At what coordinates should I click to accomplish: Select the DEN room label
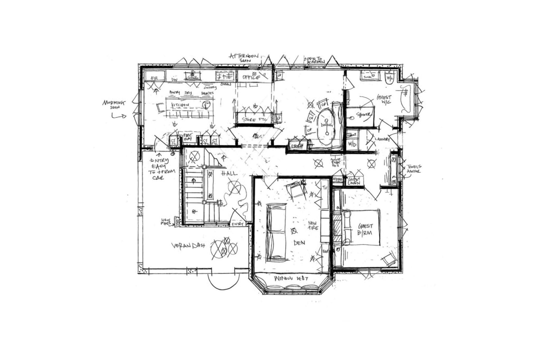point(299,243)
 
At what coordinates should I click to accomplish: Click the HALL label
point(229,174)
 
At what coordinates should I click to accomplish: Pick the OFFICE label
point(251,77)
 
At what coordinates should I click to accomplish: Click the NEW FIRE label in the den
point(313,225)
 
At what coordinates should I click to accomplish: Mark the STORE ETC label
point(253,120)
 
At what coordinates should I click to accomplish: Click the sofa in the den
point(276,231)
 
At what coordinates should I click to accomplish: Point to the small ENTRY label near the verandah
point(238,224)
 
